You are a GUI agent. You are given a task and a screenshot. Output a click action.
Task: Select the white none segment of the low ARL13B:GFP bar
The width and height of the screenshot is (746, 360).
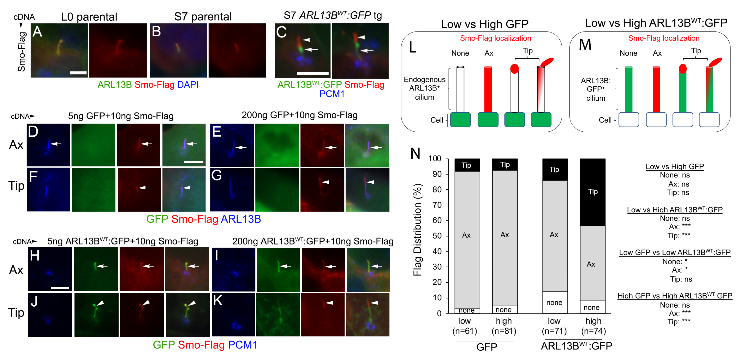[555, 302]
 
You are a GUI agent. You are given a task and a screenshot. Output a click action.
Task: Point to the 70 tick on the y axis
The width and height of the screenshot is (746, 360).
[437, 205]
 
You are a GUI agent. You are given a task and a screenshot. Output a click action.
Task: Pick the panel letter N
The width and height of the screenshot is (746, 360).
[415, 153]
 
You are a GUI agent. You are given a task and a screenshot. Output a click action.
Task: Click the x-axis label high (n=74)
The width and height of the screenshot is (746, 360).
[593, 326]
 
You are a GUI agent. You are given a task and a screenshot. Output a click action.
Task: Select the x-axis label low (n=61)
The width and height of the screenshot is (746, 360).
[465, 326]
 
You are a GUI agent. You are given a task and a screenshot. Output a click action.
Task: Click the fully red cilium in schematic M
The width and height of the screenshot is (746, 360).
[656, 89]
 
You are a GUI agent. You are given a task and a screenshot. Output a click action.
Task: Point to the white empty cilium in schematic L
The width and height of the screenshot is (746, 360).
[460, 89]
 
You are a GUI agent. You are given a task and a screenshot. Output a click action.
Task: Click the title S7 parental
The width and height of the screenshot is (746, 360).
[203, 17]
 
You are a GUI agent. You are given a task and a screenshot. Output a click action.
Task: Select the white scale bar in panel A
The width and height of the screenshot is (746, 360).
[78, 73]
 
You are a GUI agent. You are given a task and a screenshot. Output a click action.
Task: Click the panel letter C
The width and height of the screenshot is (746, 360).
[281, 32]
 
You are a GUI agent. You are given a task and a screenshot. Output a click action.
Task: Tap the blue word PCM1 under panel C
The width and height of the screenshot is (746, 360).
[332, 94]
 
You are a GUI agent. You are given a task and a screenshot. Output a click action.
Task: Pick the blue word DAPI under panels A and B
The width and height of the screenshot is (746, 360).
[188, 85]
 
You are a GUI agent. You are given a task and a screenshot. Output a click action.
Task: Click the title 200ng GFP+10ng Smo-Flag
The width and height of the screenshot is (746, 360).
[299, 115]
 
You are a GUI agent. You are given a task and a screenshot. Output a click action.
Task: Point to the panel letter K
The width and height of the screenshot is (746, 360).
[218, 301]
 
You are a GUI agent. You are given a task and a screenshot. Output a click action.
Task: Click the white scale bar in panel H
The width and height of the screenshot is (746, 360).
[60, 288]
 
